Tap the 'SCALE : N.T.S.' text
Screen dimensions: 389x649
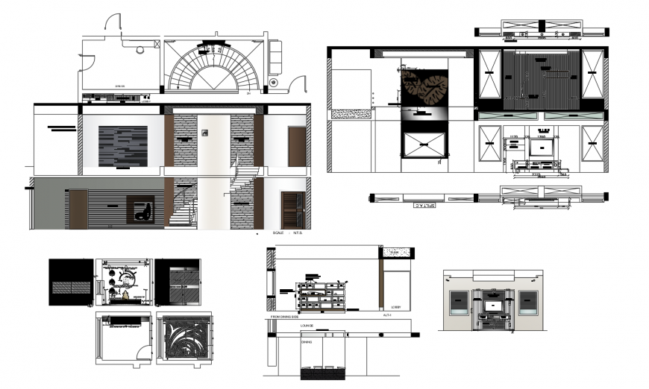(x=288, y=233)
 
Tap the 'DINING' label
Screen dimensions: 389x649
(x=307, y=341)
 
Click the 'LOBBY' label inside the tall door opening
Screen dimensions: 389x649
(x=396, y=306)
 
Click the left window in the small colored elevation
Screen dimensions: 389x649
(x=457, y=303)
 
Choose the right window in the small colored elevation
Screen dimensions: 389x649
(x=527, y=303)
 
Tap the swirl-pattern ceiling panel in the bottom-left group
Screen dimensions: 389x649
(x=184, y=339)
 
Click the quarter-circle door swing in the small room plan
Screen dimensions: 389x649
(x=142, y=352)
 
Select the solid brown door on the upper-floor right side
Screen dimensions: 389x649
(x=296, y=146)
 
